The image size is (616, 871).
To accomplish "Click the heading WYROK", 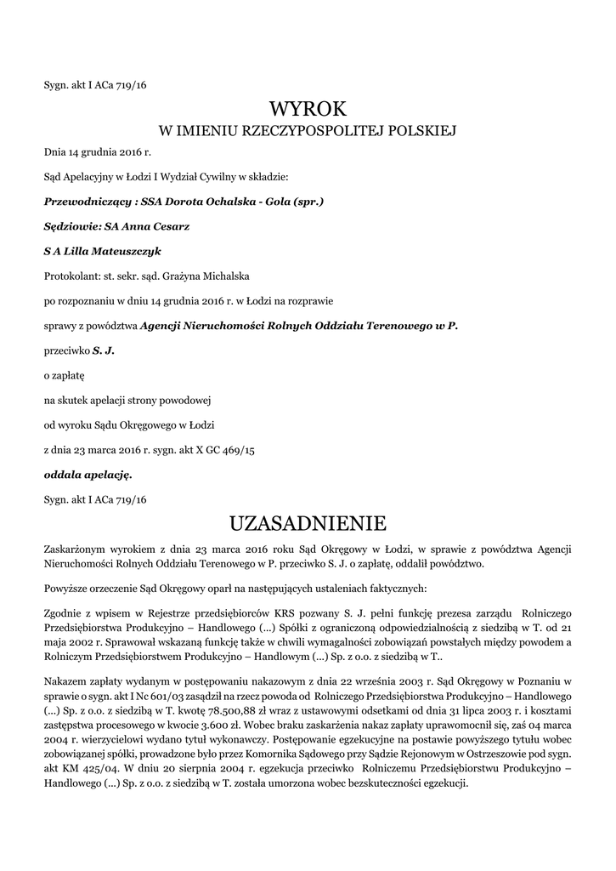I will point(308,109).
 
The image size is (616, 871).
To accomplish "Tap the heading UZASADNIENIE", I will point(308,521).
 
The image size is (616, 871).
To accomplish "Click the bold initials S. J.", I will point(103,350).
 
